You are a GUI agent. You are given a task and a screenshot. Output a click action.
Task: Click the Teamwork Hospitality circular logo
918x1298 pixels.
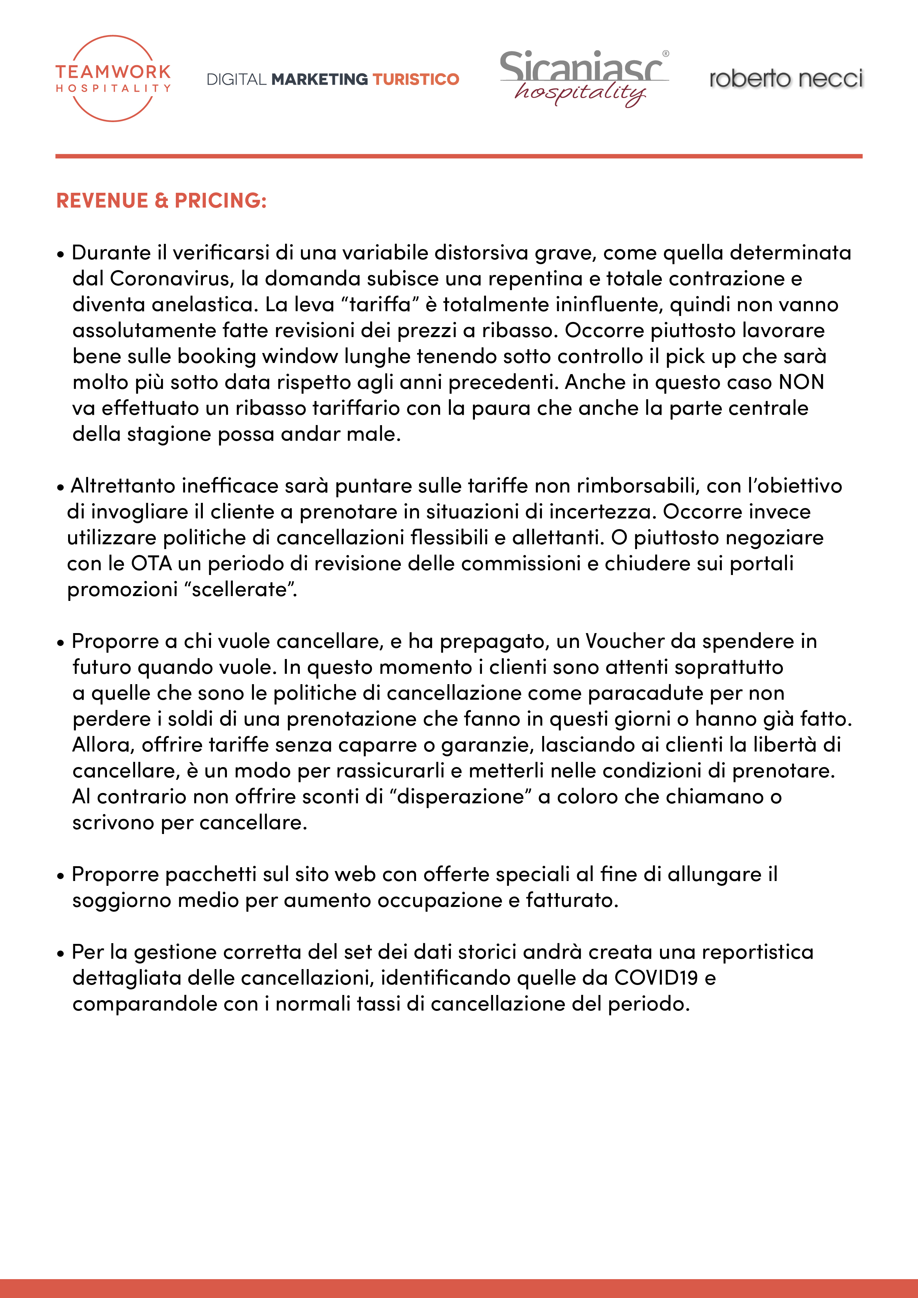click(x=113, y=78)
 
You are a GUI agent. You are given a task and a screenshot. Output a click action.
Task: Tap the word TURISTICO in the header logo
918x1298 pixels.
click(x=416, y=79)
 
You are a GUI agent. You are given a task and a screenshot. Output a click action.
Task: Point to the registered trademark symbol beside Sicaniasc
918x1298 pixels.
click(x=665, y=54)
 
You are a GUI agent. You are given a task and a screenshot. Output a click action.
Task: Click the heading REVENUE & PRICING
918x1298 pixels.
click(x=161, y=201)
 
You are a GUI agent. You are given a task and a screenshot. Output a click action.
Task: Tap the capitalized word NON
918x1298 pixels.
click(x=801, y=382)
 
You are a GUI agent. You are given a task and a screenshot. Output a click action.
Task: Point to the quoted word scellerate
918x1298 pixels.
click(x=240, y=590)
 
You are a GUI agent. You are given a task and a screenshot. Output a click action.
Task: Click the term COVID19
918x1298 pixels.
click(x=656, y=978)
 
